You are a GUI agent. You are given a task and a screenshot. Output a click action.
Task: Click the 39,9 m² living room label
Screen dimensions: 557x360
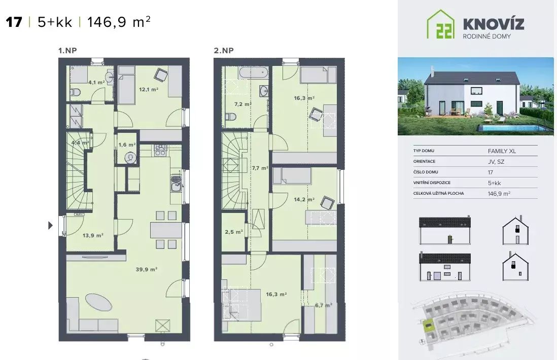pos(147,269)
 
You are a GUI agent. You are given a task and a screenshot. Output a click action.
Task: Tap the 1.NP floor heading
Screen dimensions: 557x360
pos(67,50)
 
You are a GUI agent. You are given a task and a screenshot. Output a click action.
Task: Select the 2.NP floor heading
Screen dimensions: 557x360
pos(224,50)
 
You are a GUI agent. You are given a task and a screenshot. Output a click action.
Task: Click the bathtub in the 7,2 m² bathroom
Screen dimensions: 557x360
pos(253,73)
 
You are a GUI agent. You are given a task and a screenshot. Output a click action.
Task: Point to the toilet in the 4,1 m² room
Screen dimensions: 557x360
pos(75,93)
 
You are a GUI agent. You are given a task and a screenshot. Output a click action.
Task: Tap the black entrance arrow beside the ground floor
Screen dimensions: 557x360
pos(50,225)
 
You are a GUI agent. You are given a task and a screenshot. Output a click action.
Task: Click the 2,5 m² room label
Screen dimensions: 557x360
pos(234,232)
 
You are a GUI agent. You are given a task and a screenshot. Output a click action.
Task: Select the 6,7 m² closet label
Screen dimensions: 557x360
pos(323,305)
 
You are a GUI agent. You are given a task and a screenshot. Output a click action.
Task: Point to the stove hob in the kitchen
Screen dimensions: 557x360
pos(160,150)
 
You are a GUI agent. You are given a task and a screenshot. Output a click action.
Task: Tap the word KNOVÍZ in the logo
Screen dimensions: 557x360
pos(494,24)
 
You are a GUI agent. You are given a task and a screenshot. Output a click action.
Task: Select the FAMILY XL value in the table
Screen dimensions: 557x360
pos(502,151)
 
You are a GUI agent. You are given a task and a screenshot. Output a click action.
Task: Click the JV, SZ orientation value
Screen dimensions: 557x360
pos(496,162)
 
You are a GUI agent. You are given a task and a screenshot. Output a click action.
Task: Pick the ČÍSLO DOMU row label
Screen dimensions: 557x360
pos(426,172)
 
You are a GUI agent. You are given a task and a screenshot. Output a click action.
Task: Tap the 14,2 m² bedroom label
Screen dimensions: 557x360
pos(304,200)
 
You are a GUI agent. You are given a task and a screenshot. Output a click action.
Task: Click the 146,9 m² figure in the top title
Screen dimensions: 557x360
pos(119,22)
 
